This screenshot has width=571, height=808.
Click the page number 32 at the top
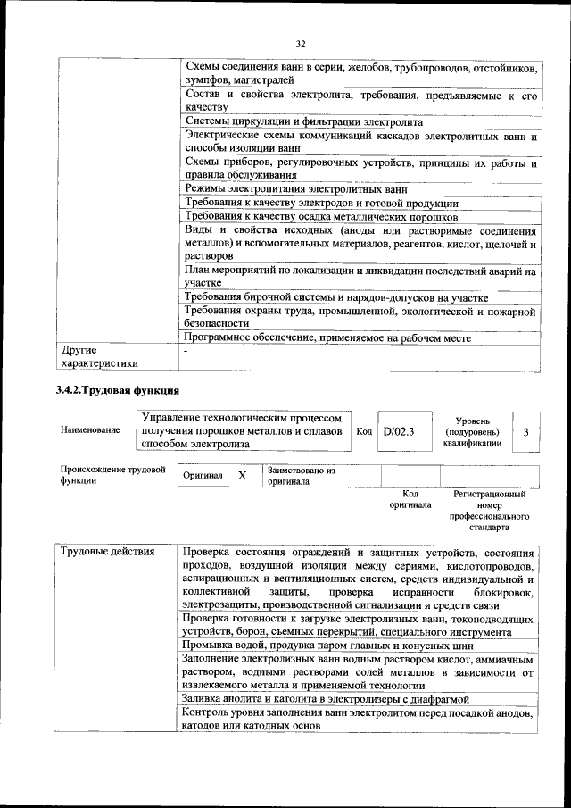[x=300, y=42]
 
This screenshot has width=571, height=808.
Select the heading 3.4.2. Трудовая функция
[x=118, y=390]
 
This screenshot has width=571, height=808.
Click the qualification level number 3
[x=526, y=432]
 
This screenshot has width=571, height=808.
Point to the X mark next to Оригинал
[x=242, y=476]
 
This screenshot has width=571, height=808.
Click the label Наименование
[x=90, y=430]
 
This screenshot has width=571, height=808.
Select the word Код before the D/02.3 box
[x=364, y=431]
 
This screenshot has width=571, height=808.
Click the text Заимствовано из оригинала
[x=301, y=475]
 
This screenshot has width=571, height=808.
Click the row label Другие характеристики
[x=99, y=357]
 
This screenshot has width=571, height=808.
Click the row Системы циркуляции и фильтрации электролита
[x=303, y=121]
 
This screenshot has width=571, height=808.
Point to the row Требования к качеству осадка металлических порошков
[x=320, y=217]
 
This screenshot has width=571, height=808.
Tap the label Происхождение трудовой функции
[x=113, y=475]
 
